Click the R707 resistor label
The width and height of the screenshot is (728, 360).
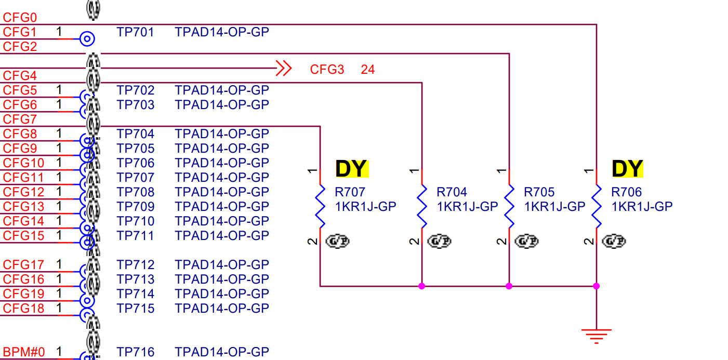click(x=350, y=192)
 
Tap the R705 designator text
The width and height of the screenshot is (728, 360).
click(x=539, y=192)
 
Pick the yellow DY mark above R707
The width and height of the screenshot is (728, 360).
click(x=352, y=169)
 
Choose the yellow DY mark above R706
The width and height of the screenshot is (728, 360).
click(x=627, y=169)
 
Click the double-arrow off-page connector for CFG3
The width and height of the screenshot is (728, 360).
click(x=283, y=68)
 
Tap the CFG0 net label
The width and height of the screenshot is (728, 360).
click(x=20, y=18)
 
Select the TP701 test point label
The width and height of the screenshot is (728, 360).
click(x=135, y=32)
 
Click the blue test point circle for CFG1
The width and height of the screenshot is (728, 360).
click(x=87, y=38)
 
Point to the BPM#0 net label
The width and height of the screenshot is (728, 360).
click(x=24, y=352)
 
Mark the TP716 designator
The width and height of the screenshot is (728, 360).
click(x=135, y=352)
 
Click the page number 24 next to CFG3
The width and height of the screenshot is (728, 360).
click(x=368, y=70)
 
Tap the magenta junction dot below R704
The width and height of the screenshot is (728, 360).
click(x=422, y=286)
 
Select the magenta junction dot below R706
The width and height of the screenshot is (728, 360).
click(x=597, y=286)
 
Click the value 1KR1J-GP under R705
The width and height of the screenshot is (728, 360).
click(x=554, y=207)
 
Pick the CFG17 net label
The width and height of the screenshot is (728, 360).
click(x=23, y=265)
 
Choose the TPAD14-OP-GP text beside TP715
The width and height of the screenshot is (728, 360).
click(x=222, y=309)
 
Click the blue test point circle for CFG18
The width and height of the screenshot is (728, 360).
click(x=87, y=314)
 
